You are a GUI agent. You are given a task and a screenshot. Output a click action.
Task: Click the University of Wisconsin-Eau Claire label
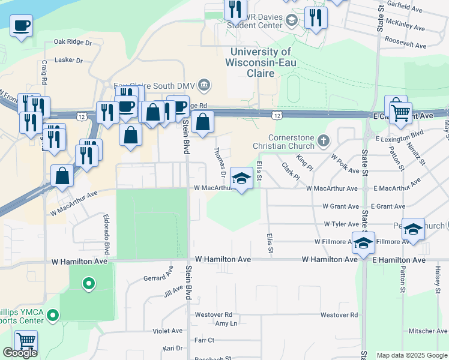(x=251, y=62)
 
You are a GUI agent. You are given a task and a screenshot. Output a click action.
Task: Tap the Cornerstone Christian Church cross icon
(x=324, y=141)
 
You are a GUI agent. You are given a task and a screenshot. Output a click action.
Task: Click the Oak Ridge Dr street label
(x=72, y=43)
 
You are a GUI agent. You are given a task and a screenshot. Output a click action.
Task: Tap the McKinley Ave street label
(x=406, y=28)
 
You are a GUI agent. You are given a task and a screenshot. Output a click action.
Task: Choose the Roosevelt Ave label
(x=406, y=46)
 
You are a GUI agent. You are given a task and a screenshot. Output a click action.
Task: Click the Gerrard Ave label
(x=158, y=278)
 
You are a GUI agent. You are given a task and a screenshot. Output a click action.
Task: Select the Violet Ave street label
(x=167, y=331)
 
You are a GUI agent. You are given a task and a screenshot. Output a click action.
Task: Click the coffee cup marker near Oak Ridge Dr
(x=22, y=26)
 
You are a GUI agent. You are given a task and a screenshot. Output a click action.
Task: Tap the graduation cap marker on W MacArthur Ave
(x=241, y=178)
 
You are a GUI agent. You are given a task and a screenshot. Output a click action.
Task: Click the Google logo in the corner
(x=20, y=353)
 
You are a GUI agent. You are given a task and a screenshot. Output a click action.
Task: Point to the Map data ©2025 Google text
(x=412, y=355)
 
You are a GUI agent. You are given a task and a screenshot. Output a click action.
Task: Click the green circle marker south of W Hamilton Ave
(x=89, y=283)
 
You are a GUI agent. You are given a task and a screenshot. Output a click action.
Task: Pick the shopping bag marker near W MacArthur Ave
(x=62, y=176)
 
